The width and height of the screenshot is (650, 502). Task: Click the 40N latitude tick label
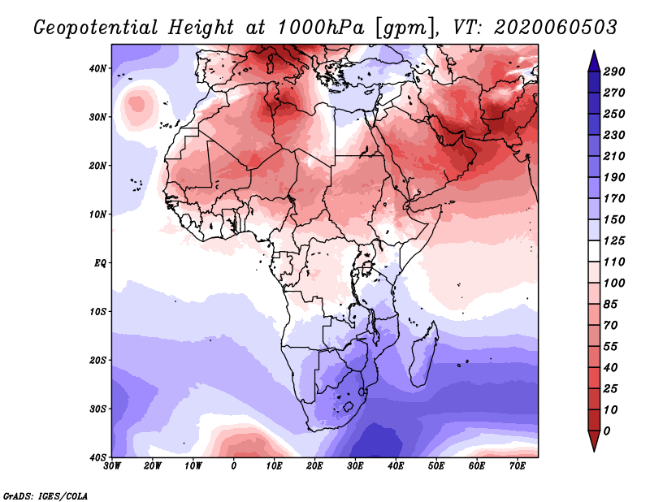[97, 68]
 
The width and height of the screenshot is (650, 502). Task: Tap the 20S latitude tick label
[97, 360]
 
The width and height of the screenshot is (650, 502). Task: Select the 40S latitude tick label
[97, 457]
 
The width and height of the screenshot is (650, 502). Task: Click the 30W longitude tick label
[112, 466]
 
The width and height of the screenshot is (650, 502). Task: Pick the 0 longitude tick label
[234, 466]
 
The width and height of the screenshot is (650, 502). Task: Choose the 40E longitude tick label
[396, 466]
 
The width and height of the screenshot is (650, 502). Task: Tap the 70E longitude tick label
[518, 466]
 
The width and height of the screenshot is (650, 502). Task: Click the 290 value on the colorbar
[614, 71]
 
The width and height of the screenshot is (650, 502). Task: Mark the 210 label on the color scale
[614, 155]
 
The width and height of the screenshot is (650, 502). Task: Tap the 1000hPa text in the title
[319, 28]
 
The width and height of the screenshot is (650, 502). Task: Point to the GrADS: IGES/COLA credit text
[45, 495]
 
